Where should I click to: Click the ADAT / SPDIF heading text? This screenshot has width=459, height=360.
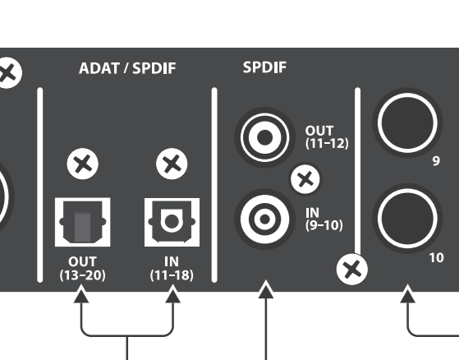pos(127,68)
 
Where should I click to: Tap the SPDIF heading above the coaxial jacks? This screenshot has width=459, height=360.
pos(264,67)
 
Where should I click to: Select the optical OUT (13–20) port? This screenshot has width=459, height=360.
pos(83,222)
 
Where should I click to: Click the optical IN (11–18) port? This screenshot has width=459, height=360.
pos(172,222)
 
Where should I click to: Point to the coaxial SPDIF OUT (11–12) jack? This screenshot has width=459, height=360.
pos(264,137)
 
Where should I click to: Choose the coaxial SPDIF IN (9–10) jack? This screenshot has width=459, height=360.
pos(264,219)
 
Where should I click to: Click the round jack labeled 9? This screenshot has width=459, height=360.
pos(407,122)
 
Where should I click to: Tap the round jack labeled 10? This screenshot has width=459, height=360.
pos(407,219)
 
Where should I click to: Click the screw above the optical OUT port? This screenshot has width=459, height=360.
pos(83,164)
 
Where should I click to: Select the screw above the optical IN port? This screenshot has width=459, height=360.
pos(172,164)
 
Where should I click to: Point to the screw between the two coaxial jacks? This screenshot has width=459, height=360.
pos(305,179)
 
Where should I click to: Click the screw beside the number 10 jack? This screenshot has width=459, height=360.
pos(352,270)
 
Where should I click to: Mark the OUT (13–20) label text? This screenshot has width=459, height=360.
pos(83,268)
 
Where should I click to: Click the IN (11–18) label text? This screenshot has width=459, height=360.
pos(172,268)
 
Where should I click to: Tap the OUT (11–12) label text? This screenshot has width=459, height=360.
pos(327,137)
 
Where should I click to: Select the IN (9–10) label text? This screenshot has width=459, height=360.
pos(324,219)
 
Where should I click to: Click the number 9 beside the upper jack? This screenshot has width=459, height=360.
pos(436,161)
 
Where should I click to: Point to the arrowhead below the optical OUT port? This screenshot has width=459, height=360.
pos(81,295)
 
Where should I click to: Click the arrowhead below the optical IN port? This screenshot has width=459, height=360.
pos(173,295)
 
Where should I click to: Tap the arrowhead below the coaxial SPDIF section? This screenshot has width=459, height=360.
pos(266,290)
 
